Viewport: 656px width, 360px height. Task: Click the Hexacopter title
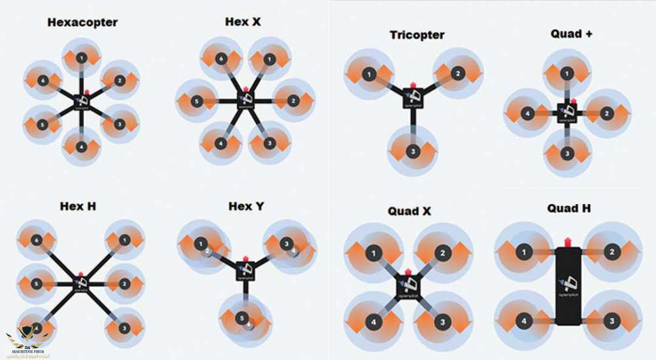82,22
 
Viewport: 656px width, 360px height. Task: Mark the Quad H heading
569,208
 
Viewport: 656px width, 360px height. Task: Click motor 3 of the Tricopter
413,152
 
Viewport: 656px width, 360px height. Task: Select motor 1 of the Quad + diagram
568,74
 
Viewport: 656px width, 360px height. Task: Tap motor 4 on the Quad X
373,322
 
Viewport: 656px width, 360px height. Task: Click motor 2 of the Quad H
611,252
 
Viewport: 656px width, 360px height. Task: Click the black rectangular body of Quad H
568,288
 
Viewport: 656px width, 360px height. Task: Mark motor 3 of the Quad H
611,322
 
